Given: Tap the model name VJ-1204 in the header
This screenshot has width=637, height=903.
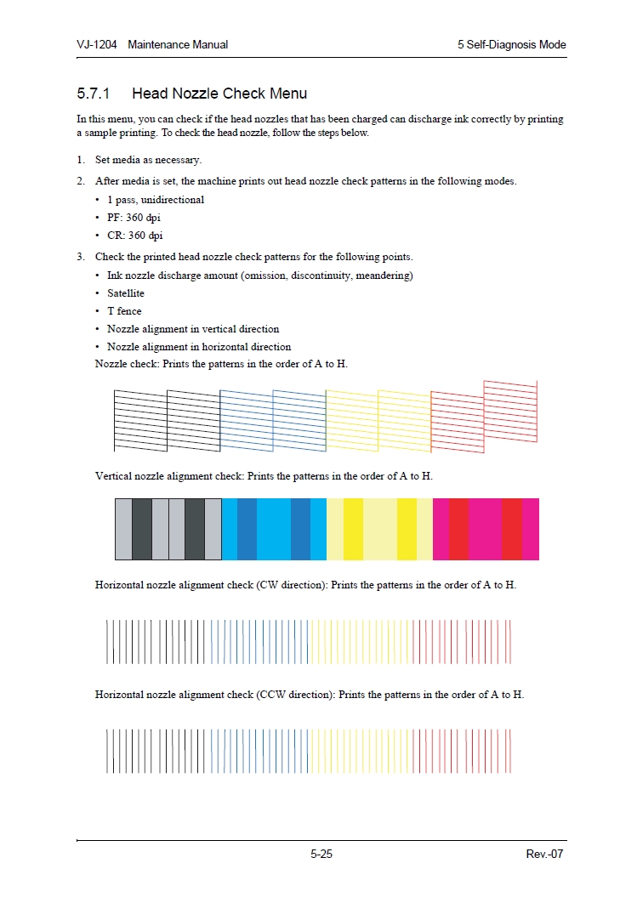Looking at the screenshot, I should click(x=97, y=44).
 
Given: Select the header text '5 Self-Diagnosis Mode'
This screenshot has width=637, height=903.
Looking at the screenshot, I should click(x=511, y=44).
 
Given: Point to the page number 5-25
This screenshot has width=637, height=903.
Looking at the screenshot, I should click(x=321, y=855).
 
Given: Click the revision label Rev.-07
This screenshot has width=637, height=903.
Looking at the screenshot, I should click(x=545, y=855).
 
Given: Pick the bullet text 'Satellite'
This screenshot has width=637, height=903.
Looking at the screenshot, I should click(x=126, y=293).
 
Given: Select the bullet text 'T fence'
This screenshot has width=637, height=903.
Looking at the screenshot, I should click(x=124, y=311).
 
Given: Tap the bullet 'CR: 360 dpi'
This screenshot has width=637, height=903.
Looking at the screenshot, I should click(x=134, y=236).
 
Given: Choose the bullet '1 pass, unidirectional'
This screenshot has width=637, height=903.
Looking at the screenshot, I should click(x=156, y=200).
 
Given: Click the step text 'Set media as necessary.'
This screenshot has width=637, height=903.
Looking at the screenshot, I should click(x=148, y=160).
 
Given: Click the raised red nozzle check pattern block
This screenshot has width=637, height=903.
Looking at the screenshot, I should click(x=510, y=412).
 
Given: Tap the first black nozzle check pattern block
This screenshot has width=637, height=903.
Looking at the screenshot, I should click(x=140, y=420).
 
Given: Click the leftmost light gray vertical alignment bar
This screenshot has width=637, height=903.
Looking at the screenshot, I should click(x=123, y=529).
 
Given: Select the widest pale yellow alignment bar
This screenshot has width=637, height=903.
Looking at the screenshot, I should click(x=380, y=529).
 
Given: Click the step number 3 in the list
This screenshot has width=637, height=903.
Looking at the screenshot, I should click(x=80, y=257).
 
